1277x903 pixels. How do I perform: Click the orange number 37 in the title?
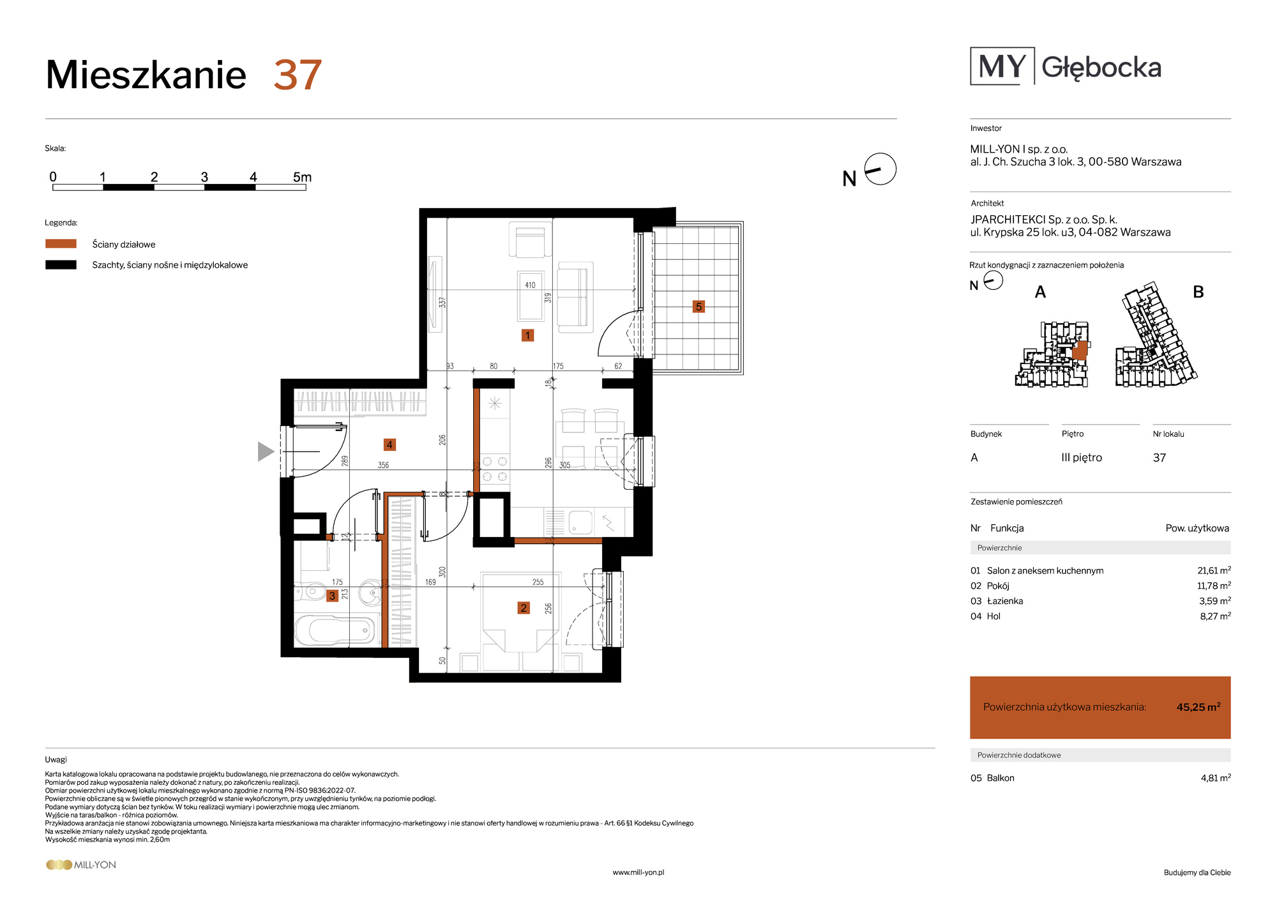[298, 75]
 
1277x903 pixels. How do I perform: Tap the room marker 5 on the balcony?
[699, 307]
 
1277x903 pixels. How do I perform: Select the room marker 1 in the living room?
[527, 335]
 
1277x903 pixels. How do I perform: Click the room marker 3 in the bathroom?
[332, 596]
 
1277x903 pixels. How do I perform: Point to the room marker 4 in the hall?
[389, 444]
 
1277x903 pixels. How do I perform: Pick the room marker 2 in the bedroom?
[524, 608]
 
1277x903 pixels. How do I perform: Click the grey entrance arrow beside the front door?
[266, 451]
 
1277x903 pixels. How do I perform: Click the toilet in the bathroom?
[311, 591]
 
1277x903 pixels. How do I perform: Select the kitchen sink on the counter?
[580, 522]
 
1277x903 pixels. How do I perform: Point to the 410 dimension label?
[530, 285]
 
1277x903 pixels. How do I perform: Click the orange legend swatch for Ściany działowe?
[61, 243]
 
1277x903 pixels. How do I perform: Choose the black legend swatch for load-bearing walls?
[61, 264]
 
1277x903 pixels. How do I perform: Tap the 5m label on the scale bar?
[302, 177]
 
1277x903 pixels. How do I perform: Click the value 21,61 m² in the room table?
[1214, 570]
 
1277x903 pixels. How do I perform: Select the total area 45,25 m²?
[1198, 707]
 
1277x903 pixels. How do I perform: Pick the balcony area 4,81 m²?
[1216, 778]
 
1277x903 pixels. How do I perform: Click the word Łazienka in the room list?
[1005, 601]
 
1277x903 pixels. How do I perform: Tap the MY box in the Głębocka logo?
[1002, 66]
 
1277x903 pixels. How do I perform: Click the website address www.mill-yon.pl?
[638, 872]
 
